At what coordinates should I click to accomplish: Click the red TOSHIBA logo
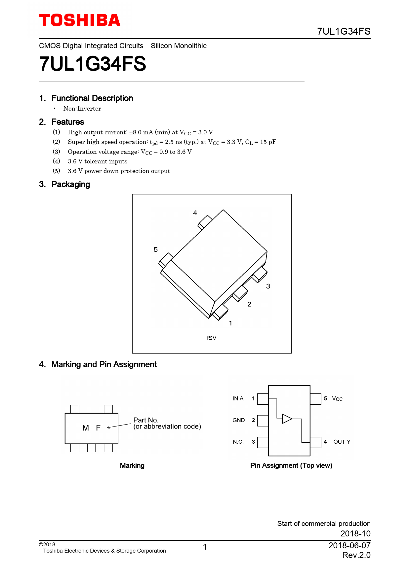tap(80, 20)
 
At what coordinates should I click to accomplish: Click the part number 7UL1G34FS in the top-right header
tap(344, 31)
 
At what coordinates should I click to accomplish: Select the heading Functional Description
tap(92, 98)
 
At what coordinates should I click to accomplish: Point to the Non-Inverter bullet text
tap(82, 109)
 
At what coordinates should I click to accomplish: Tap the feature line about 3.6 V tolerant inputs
tap(98, 161)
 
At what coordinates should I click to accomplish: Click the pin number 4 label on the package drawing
tap(195, 213)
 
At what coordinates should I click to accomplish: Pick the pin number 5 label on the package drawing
tap(156, 250)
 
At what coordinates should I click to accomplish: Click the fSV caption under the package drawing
tap(212, 338)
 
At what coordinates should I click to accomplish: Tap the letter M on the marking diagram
tap(86, 428)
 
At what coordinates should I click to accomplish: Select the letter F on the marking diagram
tap(98, 428)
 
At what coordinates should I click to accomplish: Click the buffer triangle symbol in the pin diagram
tap(287, 419)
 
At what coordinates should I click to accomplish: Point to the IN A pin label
tap(238, 398)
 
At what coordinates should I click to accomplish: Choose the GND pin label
tap(238, 420)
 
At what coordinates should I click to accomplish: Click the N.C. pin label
tap(238, 442)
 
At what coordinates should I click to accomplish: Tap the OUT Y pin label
tap(342, 442)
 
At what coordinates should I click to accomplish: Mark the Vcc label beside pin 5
tap(337, 399)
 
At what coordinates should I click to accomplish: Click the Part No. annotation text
tap(146, 420)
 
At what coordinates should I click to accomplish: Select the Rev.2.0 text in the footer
tap(356, 555)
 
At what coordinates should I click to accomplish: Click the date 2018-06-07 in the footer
tap(349, 546)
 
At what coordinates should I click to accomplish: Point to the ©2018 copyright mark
tap(47, 545)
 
